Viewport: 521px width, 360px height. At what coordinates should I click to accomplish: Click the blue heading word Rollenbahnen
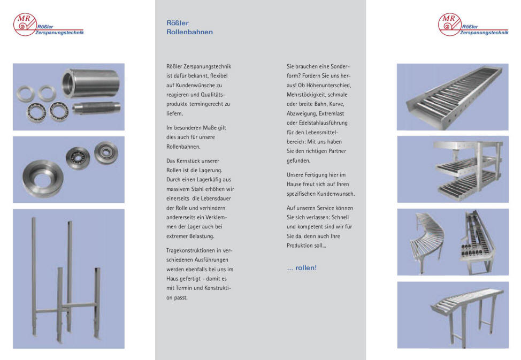point(189,32)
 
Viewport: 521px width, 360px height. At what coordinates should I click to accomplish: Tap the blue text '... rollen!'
point(302,268)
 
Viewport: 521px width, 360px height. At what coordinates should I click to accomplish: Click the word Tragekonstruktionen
point(190,250)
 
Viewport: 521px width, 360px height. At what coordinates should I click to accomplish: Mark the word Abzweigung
point(303,113)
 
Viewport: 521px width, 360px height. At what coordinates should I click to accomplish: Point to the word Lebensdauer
point(219,198)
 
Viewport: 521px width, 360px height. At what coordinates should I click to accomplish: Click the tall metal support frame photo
point(68,279)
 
